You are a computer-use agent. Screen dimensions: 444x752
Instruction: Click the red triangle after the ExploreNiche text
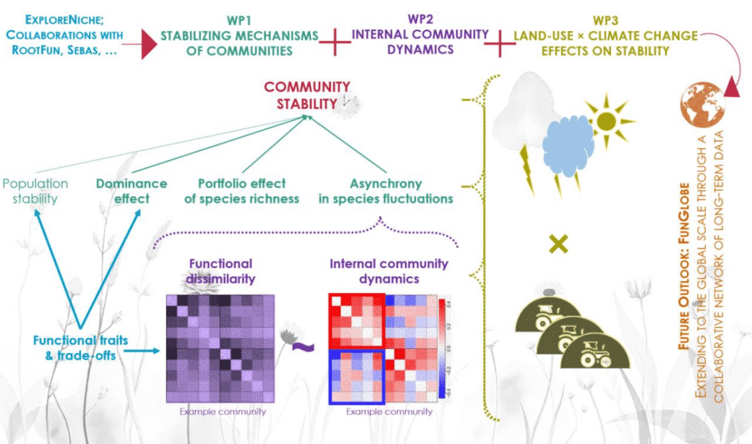point(149,45)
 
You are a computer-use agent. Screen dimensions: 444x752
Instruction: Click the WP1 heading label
point(239,22)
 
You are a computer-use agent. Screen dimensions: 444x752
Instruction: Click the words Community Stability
point(307,95)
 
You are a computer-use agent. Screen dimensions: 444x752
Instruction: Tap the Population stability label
point(34,191)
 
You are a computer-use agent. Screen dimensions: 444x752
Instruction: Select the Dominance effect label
point(132,191)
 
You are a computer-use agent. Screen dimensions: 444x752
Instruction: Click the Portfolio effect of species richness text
point(242,191)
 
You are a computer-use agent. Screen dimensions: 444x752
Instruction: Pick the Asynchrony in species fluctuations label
point(386,191)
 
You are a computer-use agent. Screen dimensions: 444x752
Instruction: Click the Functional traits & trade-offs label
point(74,347)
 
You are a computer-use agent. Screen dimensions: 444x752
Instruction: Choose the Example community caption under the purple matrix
point(223,411)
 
